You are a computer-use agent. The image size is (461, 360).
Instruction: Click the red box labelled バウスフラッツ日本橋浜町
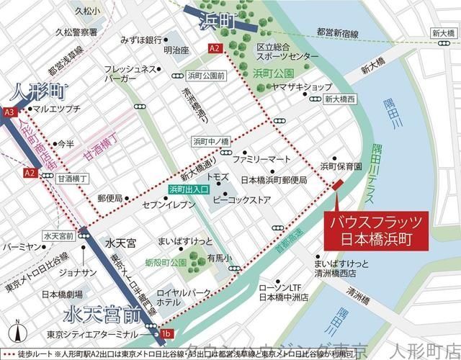370,230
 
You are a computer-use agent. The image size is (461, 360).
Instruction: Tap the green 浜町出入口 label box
189,189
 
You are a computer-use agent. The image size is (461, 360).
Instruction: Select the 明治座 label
175,51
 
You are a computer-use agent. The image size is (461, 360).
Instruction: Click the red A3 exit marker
9,112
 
